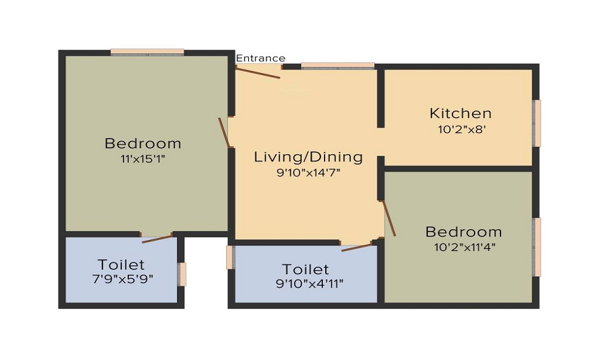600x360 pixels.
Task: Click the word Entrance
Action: click(260, 58)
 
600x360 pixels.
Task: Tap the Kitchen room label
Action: click(460, 113)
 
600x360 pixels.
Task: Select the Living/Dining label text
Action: click(308, 157)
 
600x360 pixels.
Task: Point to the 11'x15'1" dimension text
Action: click(143, 159)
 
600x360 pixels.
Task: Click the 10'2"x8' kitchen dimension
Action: click(460, 128)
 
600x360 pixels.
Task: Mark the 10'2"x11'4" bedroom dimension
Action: click(463, 247)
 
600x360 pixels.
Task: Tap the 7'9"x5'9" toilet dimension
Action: click(121, 279)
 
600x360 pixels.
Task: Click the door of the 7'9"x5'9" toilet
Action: click(157, 239)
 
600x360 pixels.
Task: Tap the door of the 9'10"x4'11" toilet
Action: click(356, 247)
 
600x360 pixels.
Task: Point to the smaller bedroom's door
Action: click(389, 218)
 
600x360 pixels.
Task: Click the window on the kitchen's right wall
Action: click(537, 123)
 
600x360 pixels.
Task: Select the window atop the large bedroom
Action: click(147, 52)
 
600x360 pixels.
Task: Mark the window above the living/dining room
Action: click(338, 66)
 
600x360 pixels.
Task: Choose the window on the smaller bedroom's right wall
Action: click(537, 247)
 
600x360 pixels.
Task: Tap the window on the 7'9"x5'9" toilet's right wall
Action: click(182, 274)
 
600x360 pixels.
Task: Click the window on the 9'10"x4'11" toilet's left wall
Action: click(230, 257)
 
